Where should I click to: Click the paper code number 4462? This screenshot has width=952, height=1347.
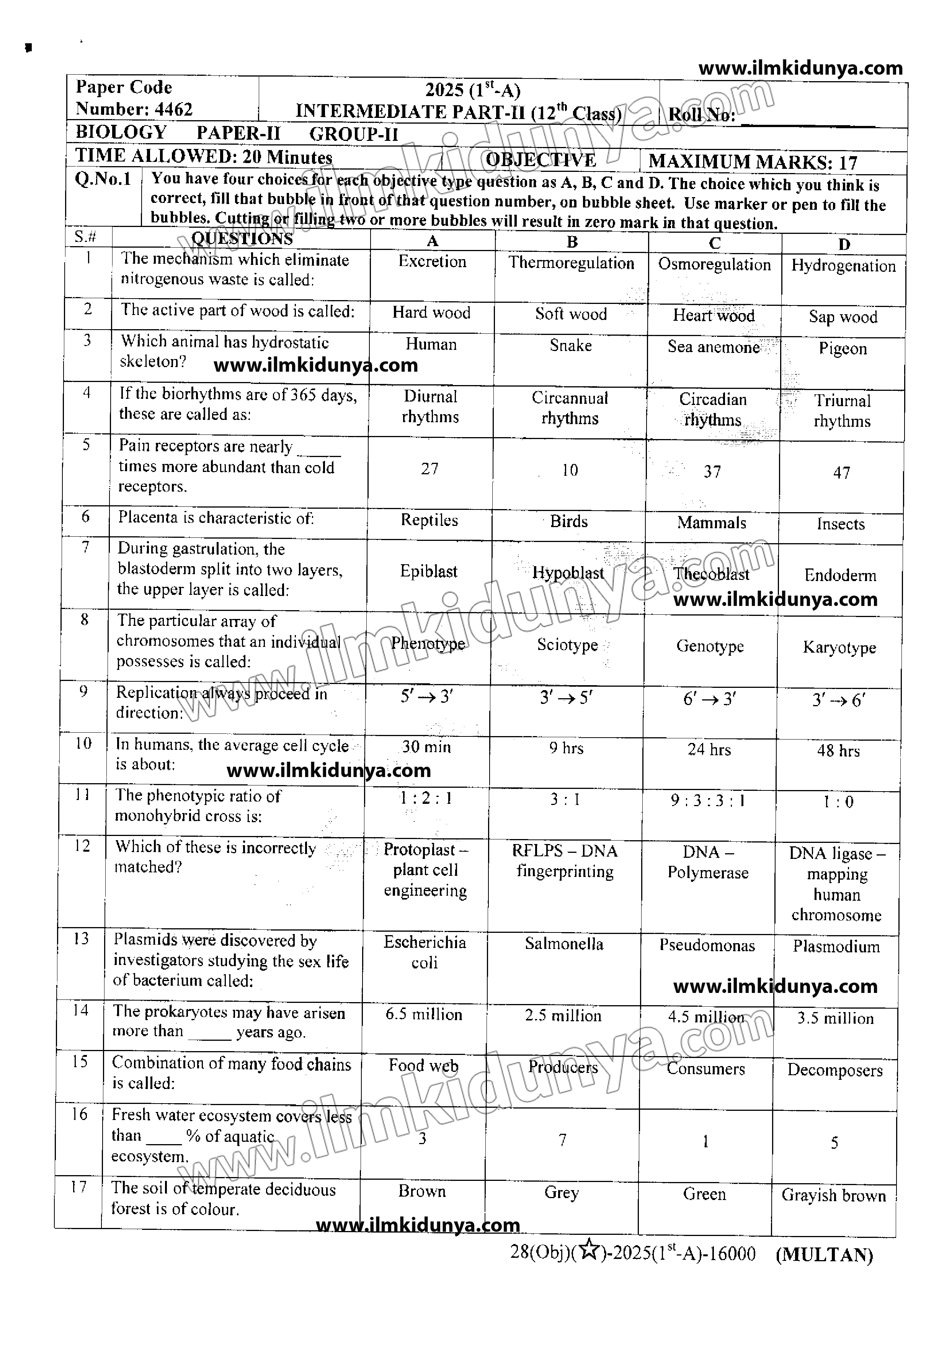tap(174, 110)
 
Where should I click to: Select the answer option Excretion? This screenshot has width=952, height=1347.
tap(432, 262)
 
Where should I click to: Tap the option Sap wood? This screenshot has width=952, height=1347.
tap(843, 317)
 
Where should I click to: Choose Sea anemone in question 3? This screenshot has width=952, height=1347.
tap(713, 347)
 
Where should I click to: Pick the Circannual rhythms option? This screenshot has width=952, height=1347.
tap(570, 408)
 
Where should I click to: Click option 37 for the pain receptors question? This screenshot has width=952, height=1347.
tap(712, 472)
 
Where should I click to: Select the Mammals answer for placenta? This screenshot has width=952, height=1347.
tap(712, 523)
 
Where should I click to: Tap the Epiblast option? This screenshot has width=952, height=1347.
tap(429, 571)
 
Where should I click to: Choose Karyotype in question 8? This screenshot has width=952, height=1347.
tap(839, 648)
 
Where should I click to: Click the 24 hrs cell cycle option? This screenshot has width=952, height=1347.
tap(709, 750)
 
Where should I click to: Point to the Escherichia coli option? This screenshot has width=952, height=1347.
tap(425, 952)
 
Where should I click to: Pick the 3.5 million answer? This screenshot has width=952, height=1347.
tap(835, 1019)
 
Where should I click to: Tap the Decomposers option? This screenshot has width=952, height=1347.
tap(835, 1070)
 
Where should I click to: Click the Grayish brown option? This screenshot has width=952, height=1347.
tap(833, 1196)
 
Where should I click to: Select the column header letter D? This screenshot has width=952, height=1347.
tap(844, 245)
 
